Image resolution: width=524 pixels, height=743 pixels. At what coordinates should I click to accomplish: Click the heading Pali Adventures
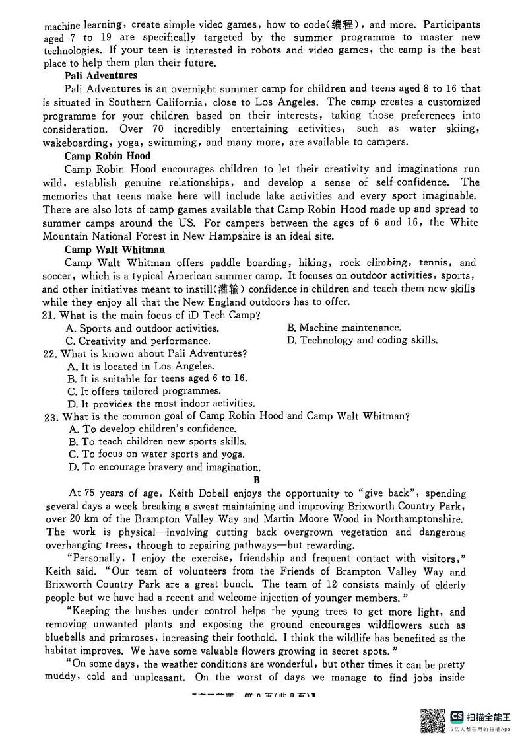(x=101, y=75)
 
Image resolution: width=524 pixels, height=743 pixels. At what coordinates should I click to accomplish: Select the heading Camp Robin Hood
(x=107, y=156)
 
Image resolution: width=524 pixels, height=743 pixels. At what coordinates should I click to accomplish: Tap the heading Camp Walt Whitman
(x=114, y=250)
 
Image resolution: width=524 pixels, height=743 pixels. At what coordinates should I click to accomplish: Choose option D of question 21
(x=362, y=341)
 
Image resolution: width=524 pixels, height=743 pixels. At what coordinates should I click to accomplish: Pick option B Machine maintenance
(x=344, y=328)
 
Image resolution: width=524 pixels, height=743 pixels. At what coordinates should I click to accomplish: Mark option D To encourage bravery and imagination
(x=164, y=467)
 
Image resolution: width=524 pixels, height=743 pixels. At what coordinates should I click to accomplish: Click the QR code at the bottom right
(x=432, y=719)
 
